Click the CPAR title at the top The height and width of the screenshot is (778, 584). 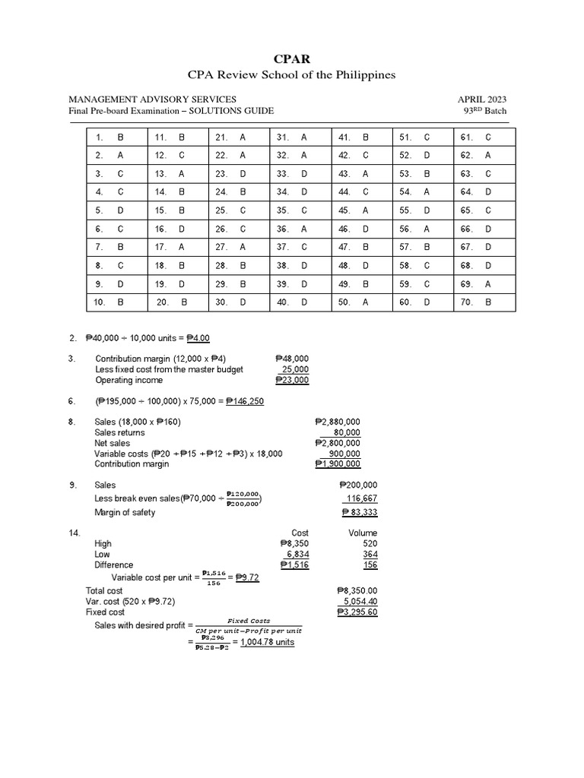click(x=292, y=58)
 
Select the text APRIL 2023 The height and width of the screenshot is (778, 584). click(x=482, y=99)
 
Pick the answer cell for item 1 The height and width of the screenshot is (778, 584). click(x=119, y=138)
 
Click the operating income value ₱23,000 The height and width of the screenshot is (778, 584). click(x=292, y=380)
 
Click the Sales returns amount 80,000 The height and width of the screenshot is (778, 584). click(x=347, y=432)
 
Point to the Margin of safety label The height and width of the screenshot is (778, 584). click(x=125, y=512)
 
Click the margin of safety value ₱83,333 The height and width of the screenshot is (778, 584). click(x=359, y=513)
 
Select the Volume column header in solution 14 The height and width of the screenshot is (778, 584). click(x=363, y=533)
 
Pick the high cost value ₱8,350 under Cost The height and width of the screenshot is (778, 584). click(x=294, y=544)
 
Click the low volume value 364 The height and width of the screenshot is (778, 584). click(x=369, y=555)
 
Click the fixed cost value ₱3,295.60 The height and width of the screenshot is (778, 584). click(x=357, y=612)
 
